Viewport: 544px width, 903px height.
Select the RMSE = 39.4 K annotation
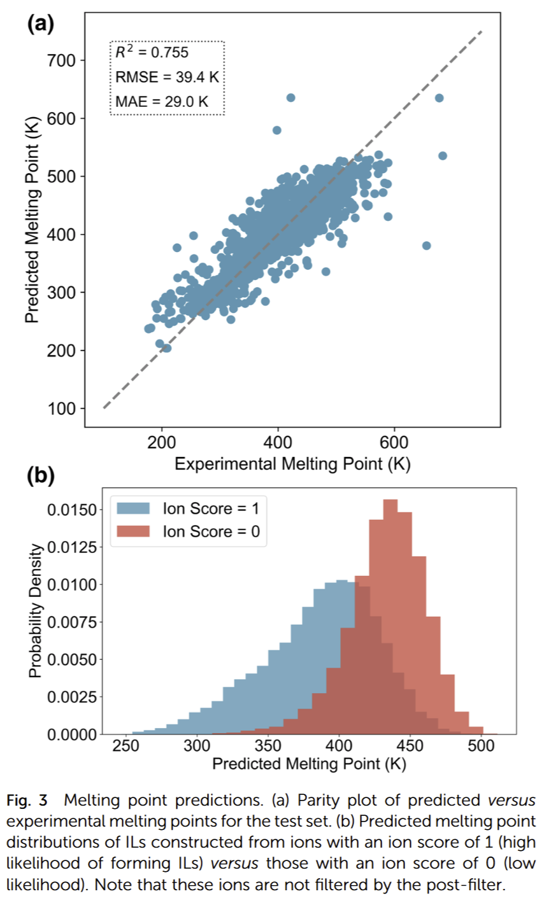click(x=167, y=78)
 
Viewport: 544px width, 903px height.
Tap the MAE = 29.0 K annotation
click(x=162, y=101)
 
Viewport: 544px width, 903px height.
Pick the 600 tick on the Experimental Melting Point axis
click(x=394, y=443)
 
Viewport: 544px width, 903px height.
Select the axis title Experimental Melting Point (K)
click(x=292, y=464)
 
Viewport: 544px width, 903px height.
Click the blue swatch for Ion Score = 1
click(x=133, y=508)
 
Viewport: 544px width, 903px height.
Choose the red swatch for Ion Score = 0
click(x=133, y=531)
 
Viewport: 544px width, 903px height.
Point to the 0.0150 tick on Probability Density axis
click(x=71, y=510)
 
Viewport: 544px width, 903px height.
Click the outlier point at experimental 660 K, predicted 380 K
click(x=427, y=246)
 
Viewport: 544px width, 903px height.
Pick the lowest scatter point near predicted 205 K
click(x=167, y=348)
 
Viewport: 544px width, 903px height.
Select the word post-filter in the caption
click(x=466, y=884)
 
